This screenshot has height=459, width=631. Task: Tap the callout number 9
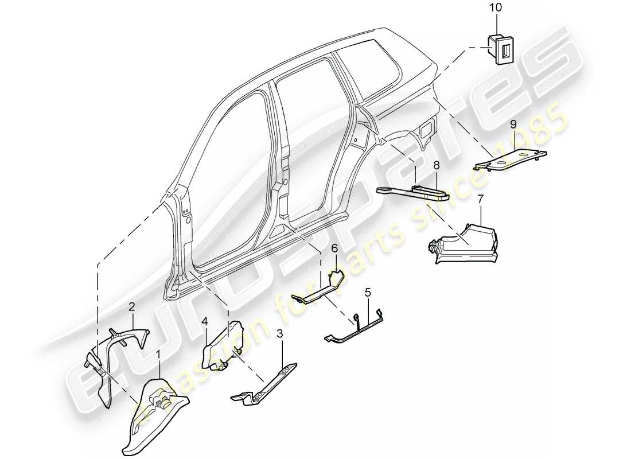514,123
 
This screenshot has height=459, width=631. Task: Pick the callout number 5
367,292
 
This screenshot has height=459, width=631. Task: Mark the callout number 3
280,333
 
